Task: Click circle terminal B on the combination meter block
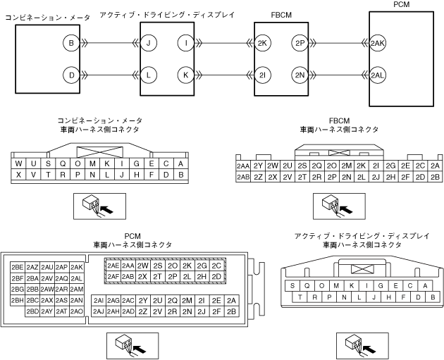70,43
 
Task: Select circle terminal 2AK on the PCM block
377,43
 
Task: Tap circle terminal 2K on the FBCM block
264,43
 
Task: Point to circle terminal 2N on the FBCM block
299,74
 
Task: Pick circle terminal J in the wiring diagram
149,43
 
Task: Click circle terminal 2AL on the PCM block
377,74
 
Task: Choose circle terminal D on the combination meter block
70,74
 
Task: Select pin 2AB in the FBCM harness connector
243,176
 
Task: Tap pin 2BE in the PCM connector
18,267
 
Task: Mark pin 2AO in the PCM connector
78,311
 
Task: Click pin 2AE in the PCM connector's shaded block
113,266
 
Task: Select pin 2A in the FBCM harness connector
435,166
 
